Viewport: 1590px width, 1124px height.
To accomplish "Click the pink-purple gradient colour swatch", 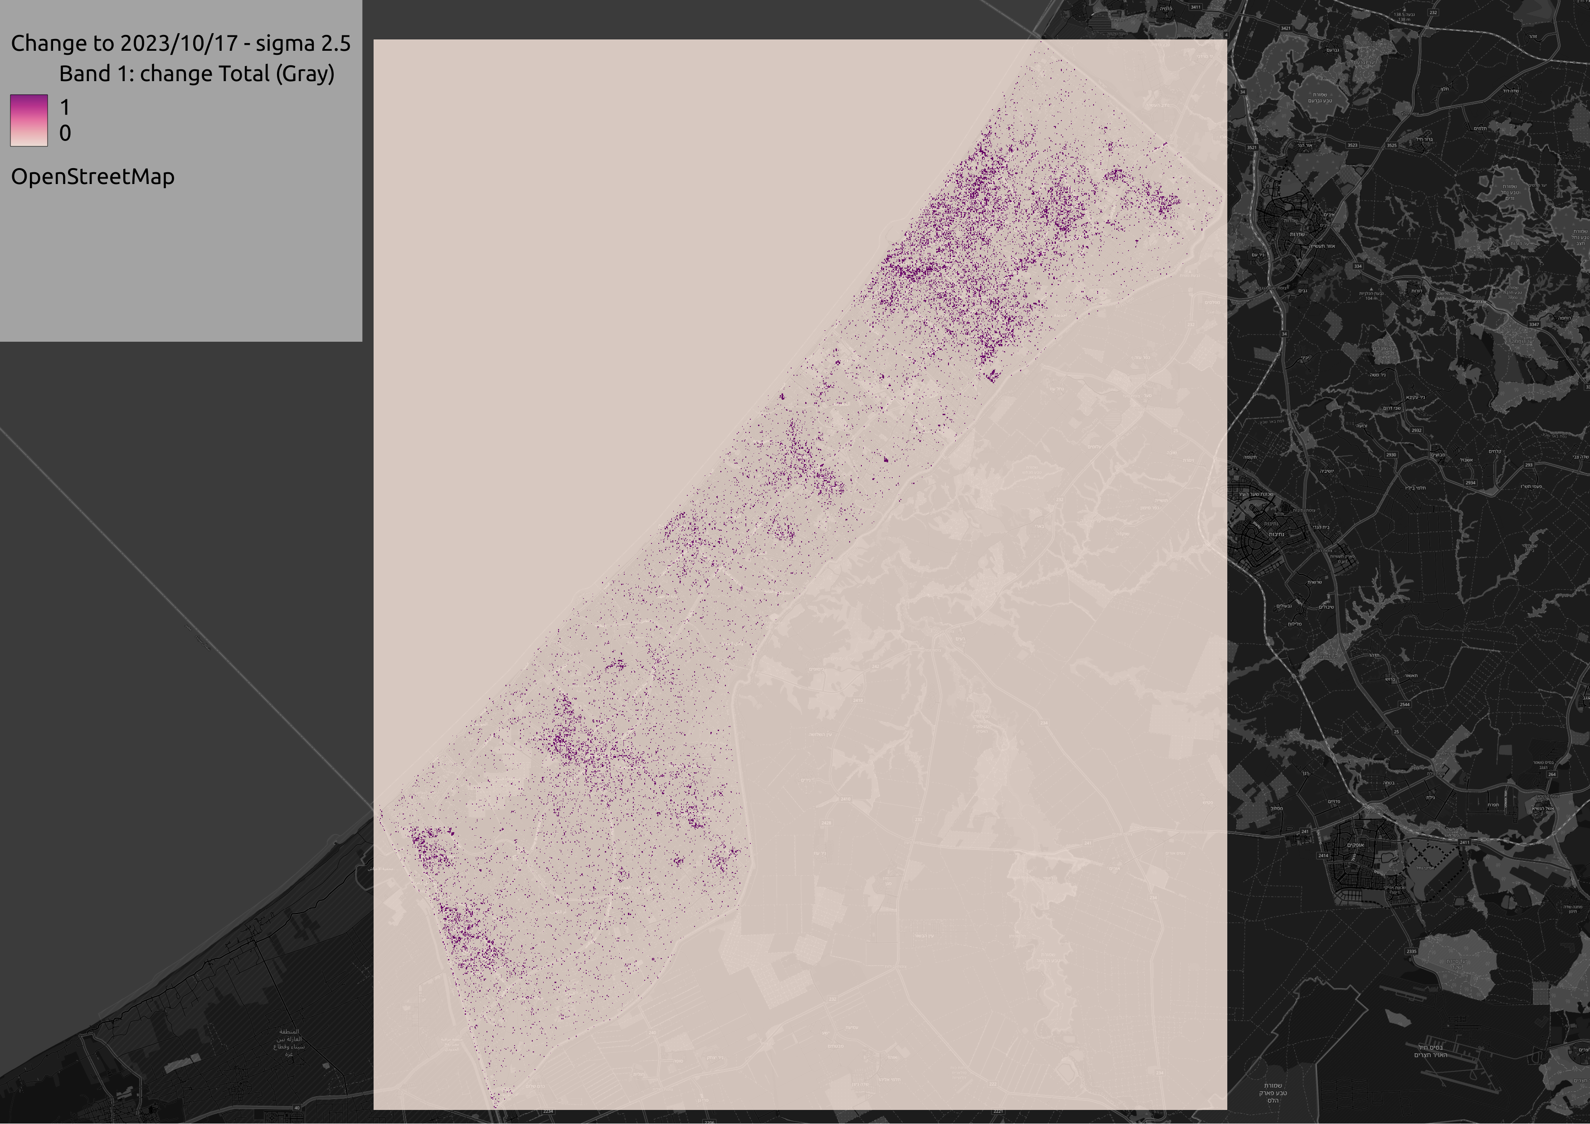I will (29, 121).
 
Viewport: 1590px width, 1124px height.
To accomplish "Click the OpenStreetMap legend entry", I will (93, 176).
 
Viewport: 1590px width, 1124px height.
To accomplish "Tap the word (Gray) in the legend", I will (305, 73).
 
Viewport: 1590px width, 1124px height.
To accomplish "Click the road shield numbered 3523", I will (1352, 145).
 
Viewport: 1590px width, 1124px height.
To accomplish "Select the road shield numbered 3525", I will (1391, 145).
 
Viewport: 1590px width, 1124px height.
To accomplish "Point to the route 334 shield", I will (1358, 266).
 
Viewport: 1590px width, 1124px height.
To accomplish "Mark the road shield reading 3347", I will (1534, 324).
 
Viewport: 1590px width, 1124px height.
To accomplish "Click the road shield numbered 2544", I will (1405, 705).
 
